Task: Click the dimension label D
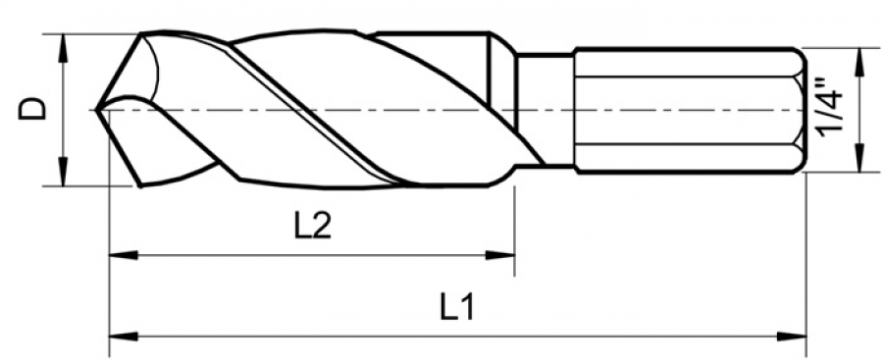32,108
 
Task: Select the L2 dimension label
313,227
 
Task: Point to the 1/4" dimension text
831,110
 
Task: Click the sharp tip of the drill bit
97,110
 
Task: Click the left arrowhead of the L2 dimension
123,255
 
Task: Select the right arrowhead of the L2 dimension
500,255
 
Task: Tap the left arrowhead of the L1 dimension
123,336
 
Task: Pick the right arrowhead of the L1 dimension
792,336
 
